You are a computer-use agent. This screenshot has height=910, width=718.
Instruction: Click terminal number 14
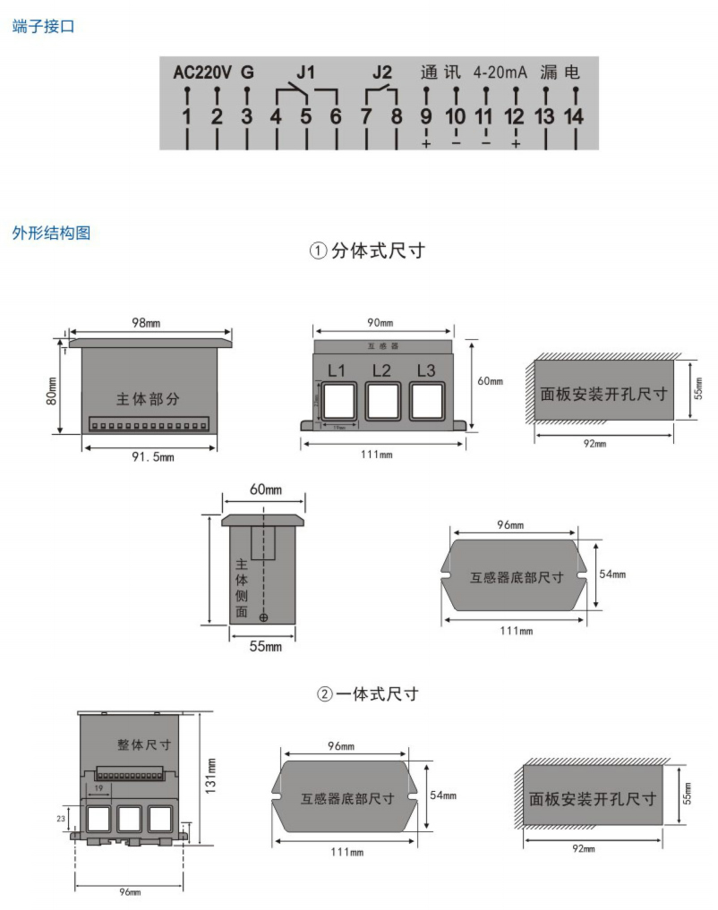point(573,116)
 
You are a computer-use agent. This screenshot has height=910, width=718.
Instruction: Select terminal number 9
point(426,116)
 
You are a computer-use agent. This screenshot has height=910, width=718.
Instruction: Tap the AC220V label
point(202,72)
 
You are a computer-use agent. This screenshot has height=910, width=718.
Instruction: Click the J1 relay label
point(305,72)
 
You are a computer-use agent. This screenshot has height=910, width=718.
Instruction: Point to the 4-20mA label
point(500,72)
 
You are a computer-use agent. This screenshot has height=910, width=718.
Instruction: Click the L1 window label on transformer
point(337,370)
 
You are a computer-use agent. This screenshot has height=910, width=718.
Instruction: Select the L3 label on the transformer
point(426,370)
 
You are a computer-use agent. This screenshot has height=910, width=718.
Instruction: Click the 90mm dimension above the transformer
point(380,322)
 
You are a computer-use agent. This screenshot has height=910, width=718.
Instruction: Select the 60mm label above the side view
point(265,489)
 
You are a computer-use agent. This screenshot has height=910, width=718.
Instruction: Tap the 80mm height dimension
point(52,391)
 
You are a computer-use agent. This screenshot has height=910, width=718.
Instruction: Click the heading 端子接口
point(43,27)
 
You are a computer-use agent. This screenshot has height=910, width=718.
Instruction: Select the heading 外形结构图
point(51,234)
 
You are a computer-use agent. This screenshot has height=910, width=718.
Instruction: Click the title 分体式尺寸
point(377,251)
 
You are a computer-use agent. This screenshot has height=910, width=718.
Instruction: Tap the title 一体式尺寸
point(377,693)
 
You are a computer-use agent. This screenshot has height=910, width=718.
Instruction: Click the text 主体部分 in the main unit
point(148,399)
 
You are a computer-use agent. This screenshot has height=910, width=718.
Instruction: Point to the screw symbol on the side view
point(263,617)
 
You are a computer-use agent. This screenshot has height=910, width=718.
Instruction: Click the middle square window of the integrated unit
point(131,818)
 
